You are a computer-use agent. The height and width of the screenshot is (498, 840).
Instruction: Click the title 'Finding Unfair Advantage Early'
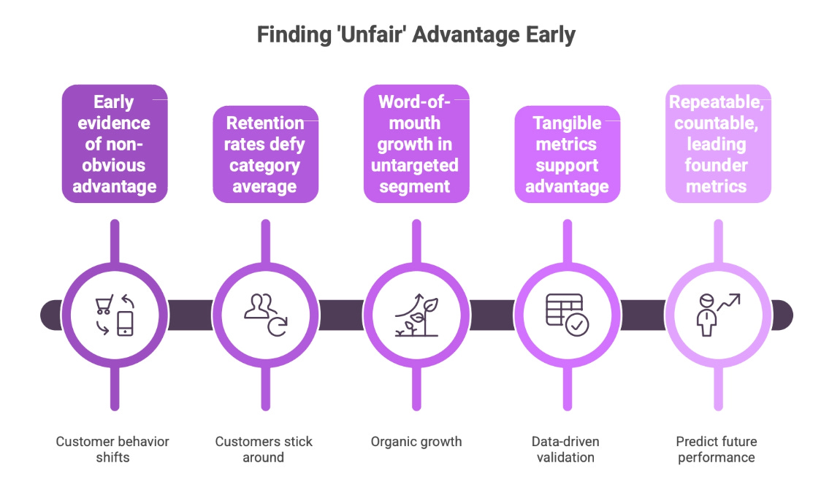(x=416, y=34)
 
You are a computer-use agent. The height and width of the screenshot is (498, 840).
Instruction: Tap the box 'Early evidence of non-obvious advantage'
(x=115, y=144)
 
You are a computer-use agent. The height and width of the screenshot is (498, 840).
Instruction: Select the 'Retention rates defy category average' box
(x=265, y=154)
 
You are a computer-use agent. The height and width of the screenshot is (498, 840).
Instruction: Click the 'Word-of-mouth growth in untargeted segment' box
(x=416, y=144)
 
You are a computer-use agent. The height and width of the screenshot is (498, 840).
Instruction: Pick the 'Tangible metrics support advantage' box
(x=567, y=154)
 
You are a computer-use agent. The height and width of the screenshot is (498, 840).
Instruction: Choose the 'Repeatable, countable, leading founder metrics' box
(x=717, y=144)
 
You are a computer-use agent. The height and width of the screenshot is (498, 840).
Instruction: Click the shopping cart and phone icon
(x=115, y=315)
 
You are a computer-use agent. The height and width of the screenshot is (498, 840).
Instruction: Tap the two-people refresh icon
(x=265, y=315)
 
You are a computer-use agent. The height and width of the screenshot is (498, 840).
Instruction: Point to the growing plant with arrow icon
(x=416, y=315)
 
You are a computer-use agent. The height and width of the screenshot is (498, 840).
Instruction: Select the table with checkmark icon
(x=567, y=315)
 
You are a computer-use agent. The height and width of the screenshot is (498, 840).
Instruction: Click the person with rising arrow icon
(x=717, y=315)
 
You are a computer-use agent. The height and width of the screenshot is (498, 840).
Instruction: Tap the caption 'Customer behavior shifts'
(x=112, y=449)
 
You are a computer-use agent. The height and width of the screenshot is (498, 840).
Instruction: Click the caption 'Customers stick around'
(x=264, y=449)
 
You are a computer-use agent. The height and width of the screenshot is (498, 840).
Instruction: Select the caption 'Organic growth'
(x=416, y=442)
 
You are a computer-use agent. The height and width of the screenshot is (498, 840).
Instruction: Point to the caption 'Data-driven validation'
(x=565, y=449)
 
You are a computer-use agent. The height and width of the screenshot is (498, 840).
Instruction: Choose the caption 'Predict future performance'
(x=716, y=449)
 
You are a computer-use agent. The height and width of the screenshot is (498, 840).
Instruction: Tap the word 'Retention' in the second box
(x=264, y=123)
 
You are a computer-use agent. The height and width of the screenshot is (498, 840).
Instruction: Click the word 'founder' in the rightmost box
(x=716, y=165)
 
